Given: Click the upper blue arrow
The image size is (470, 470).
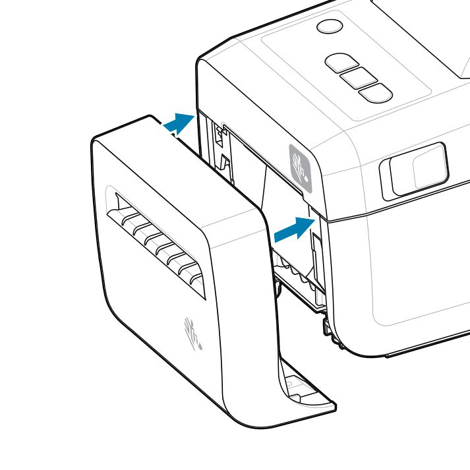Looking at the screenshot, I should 179,123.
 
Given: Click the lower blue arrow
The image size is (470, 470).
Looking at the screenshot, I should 293,229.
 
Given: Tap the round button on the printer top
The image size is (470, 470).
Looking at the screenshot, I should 330,26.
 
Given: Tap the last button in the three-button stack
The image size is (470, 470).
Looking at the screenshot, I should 376,93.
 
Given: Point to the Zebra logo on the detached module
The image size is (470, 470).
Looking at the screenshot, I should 193,334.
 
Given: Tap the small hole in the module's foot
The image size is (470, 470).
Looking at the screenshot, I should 291,383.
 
